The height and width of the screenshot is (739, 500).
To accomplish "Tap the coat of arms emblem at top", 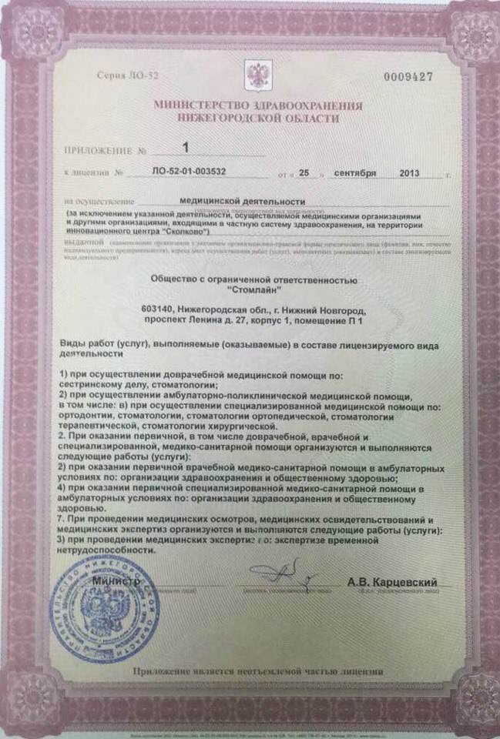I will (x=255, y=75).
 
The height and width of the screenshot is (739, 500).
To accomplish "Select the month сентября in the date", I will (x=355, y=174).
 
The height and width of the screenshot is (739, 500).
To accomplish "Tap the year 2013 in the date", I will (x=411, y=174).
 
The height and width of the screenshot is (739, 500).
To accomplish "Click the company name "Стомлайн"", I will (x=250, y=289).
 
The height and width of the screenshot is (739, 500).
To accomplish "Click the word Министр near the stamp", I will (x=116, y=581).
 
